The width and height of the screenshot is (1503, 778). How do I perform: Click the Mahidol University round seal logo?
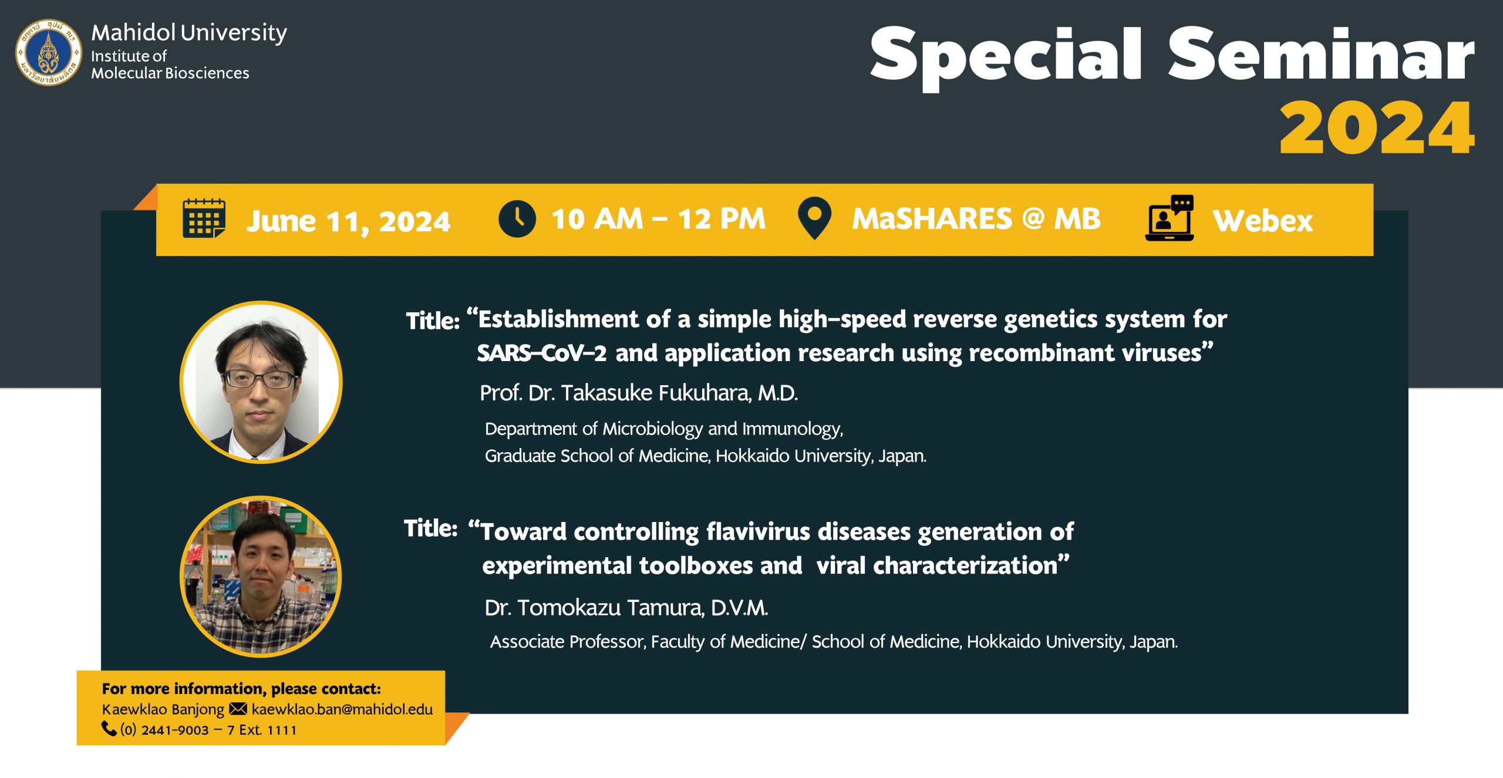coord(49,52)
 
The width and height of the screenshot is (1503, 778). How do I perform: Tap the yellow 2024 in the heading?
coord(1377,128)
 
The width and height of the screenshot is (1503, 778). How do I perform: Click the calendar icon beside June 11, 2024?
coord(204,218)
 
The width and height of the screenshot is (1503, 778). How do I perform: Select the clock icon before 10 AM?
coord(517,219)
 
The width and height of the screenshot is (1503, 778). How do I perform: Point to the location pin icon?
coord(815,218)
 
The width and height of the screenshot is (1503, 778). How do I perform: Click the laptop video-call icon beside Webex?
coord(1170,218)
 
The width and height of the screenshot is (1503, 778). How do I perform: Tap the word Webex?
coord(1263,221)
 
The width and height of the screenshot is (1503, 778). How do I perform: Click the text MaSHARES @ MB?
coord(976,219)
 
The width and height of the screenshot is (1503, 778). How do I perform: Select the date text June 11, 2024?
coord(348,222)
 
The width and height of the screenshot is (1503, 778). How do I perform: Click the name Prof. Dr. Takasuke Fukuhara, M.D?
coord(639,393)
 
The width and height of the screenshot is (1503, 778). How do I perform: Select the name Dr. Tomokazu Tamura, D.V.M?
coord(626,608)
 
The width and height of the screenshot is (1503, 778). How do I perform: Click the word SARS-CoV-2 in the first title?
coord(541,353)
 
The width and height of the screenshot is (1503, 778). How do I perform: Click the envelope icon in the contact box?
coord(238,709)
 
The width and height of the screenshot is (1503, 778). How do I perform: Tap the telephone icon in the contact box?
coord(109,729)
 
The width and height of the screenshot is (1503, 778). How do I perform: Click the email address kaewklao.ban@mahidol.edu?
coord(342,709)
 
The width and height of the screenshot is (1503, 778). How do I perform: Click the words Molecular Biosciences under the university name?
coord(170,73)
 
